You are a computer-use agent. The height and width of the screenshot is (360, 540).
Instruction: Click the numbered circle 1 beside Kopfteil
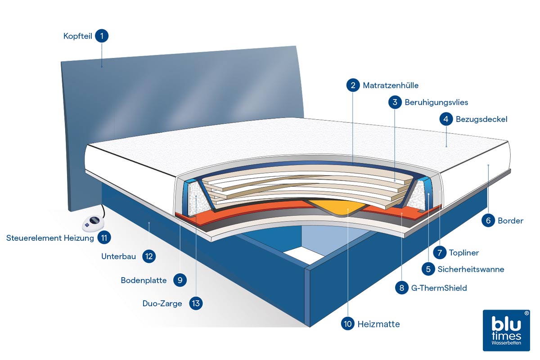(x=102, y=36)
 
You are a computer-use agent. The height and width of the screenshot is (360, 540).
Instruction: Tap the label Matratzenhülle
(x=391, y=85)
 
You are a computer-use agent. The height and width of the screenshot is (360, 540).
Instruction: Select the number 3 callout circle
(x=395, y=102)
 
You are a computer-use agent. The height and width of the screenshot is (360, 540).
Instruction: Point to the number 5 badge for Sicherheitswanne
(x=428, y=269)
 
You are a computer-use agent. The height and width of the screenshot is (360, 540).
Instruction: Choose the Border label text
(x=510, y=220)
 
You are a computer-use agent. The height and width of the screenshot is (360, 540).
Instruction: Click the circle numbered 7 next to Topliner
(x=440, y=252)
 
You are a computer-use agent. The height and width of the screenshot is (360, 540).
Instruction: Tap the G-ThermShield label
(x=439, y=288)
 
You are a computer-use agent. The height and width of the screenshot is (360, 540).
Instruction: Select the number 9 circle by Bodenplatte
(x=180, y=280)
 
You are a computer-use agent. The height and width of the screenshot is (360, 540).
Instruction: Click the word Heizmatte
(x=378, y=324)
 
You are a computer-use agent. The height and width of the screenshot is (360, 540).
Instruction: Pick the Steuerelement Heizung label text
(x=50, y=238)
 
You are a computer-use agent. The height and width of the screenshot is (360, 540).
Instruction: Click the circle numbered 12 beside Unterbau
(x=149, y=256)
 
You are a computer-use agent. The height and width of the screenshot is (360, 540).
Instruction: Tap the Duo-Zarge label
(x=162, y=303)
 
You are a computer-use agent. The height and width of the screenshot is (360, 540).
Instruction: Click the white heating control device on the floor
(x=94, y=222)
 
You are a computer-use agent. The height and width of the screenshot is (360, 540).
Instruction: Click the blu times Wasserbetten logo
(x=506, y=330)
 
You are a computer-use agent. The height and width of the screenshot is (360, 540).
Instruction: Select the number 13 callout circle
(x=196, y=303)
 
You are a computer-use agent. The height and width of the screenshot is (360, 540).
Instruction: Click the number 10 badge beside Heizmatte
(x=348, y=324)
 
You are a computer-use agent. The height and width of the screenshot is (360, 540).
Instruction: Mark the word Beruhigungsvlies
(x=436, y=102)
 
